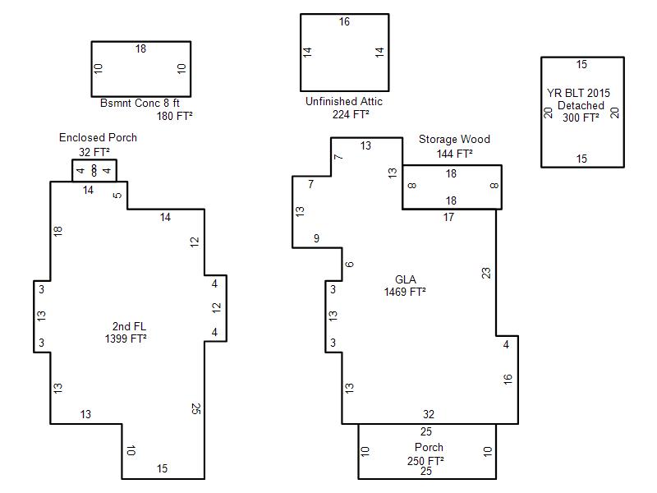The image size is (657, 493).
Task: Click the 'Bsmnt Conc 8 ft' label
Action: (140, 104)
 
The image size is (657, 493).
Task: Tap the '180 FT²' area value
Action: (174, 116)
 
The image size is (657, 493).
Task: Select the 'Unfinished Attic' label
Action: (343, 101)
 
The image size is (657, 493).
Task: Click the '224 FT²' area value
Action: (351, 114)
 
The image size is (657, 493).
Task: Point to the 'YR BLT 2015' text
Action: (578, 93)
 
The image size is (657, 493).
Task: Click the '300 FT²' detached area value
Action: (581, 117)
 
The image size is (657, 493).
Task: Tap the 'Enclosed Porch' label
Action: (98, 137)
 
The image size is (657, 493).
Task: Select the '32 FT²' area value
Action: (94, 152)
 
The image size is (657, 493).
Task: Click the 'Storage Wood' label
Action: (454, 139)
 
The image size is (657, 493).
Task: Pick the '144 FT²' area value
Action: (455, 154)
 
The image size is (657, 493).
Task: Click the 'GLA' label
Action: (406, 279)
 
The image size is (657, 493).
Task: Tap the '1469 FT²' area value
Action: (405, 292)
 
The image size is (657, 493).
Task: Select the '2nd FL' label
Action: (129, 326)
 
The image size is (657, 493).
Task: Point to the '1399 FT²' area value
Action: (126, 339)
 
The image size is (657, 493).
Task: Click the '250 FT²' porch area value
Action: (425, 461)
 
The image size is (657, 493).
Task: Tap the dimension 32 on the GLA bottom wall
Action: (429, 415)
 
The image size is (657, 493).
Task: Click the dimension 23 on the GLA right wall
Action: (486, 274)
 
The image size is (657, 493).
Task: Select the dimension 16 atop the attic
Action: (344, 22)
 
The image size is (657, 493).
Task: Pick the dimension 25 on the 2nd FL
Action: (195, 408)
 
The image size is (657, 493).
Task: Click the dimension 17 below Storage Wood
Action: (448, 217)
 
